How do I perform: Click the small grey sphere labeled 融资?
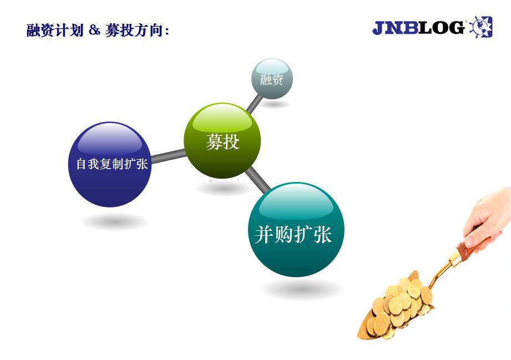[272, 79]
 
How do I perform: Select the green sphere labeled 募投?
[222, 141]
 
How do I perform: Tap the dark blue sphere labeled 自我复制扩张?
[110, 164]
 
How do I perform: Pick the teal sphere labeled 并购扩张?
[296, 230]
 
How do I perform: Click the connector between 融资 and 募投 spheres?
[254, 103]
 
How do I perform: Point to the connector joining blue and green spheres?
[168, 156]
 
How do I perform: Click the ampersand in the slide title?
[94, 31]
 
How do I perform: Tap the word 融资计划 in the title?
[55, 31]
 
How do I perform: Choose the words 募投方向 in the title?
[134, 31]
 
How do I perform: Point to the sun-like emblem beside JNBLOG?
[480, 27]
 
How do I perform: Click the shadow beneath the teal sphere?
[302, 290]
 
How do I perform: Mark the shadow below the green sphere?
[222, 188]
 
